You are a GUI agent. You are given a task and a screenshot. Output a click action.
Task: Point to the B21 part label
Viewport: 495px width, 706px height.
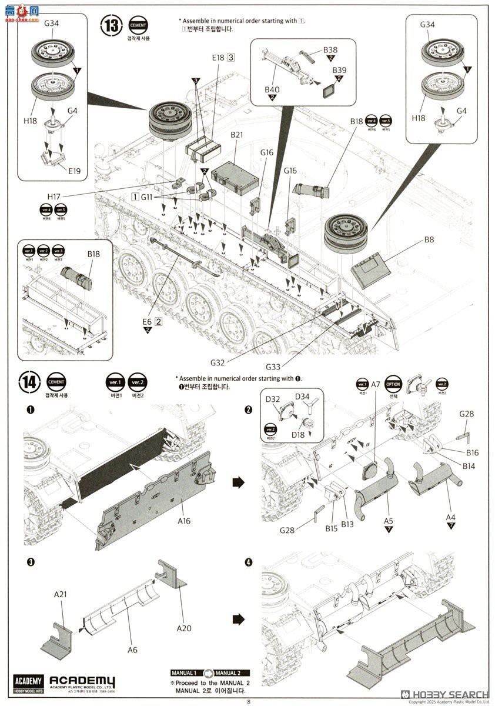pos(236,135)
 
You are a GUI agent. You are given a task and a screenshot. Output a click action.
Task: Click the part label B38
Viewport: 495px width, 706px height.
pos(330,50)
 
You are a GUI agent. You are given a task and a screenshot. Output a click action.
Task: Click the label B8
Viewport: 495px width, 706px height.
pos(429,240)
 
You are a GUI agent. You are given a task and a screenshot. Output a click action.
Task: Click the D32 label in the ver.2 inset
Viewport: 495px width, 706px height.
pos(273,399)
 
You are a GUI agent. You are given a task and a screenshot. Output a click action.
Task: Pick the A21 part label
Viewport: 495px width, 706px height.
pos(61,595)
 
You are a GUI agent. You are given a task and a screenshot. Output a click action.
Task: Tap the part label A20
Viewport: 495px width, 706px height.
pos(185,628)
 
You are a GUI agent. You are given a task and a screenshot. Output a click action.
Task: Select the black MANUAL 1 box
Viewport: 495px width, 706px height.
pos(184,672)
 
